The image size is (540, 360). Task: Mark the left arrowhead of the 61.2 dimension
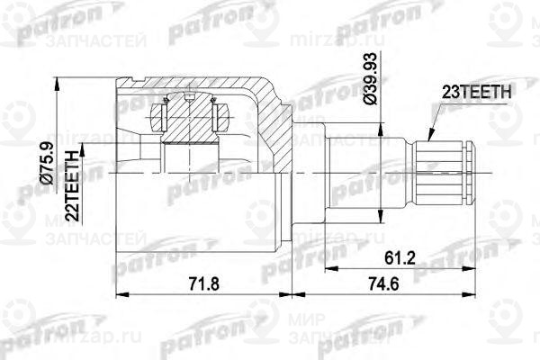(324, 267)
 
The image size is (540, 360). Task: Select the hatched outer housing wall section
(274, 117)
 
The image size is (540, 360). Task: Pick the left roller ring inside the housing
(163, 116)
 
